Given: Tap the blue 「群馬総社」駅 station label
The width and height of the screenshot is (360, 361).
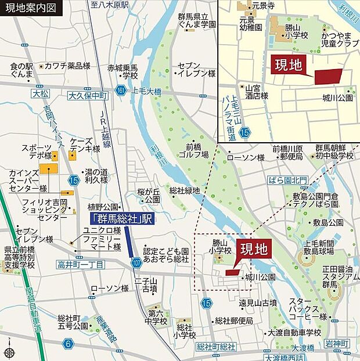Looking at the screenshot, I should click(x=123, y=219).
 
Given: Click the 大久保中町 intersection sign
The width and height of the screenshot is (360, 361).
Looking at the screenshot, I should click(x=88, y=95).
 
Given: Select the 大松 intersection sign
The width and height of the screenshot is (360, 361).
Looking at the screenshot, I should click(x=41, y=93).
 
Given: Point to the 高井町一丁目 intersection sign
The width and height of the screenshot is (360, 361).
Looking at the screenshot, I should click(x=81, y=265).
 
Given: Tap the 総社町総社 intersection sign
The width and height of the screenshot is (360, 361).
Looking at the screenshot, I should click(x=215, y=347).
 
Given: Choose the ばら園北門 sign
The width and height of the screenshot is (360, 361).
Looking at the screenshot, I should click(x=288, y=179).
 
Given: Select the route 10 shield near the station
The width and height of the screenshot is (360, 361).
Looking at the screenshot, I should click(x=136, y=262).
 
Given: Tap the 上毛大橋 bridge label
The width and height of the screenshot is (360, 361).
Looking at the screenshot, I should click(x=146, y=91).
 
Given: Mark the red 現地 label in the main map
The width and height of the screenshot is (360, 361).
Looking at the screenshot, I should click(x=254, y=250).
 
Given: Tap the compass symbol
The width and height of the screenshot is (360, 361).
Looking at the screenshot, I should click(x=8, y=352).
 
